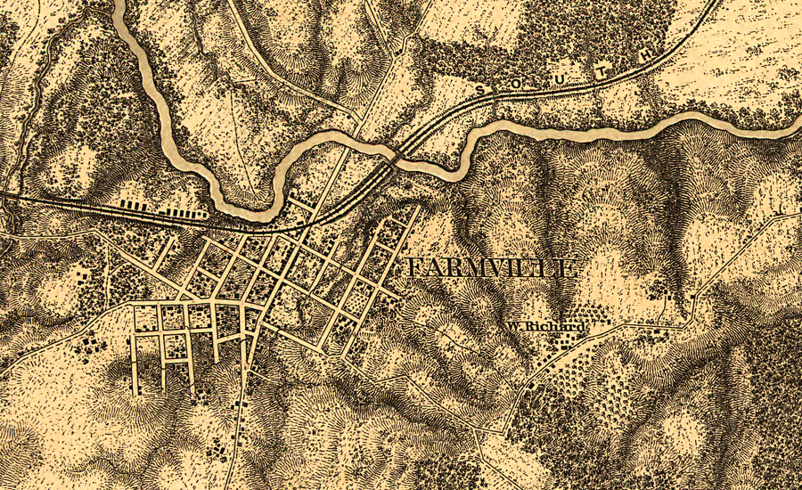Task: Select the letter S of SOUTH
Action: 481,89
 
